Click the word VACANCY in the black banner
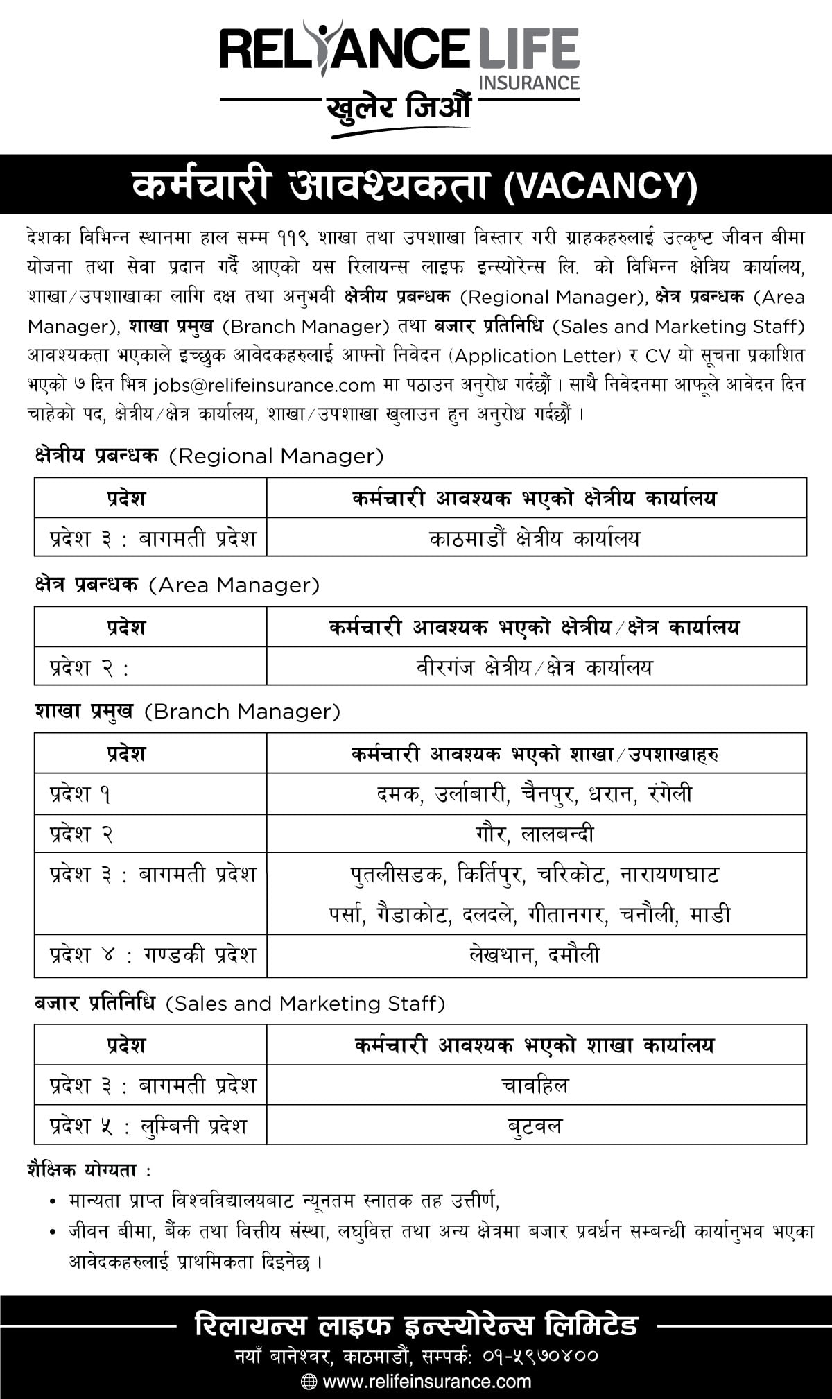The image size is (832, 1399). coord(599,185)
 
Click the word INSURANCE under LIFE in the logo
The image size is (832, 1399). coord(528,83)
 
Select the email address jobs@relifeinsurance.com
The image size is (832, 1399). coord(264,385)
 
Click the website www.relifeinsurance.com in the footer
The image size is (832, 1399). coord(427,1381)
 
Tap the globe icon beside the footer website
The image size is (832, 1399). coord(309,1381)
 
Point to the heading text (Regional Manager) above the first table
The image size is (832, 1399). coord(276,456)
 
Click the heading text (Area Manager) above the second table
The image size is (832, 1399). coord(234,585)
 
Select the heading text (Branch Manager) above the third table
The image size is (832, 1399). coord(243,712)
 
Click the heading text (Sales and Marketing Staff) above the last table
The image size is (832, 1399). coord(305,1004)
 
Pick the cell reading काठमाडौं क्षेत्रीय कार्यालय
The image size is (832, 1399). coord(535,538)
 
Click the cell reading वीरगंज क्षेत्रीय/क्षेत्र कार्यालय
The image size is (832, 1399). coord(535,667)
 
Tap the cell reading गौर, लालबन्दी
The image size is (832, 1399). coord(535,834)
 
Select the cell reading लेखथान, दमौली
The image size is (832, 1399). coord(535,955)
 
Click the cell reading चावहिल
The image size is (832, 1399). coord(535,1085)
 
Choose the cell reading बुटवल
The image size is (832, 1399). coord(535,1125)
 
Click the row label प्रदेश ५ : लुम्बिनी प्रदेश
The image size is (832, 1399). coord(149,1125)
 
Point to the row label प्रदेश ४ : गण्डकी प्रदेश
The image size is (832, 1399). coord(153,955)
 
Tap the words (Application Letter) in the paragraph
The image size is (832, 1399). coord(537,356)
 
